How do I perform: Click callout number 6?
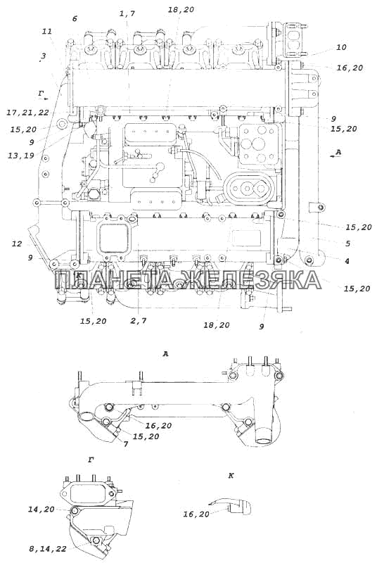point(75,18)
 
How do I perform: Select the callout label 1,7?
point(127,13)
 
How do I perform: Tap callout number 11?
point(47,31)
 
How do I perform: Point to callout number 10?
point(342,47)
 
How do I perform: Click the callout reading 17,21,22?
point(27,113)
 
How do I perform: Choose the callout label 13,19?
point(21,156)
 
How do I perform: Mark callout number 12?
point(17,244)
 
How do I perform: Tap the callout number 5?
point(348,243)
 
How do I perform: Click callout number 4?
point(347,261)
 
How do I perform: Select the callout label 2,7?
point(139,321)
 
